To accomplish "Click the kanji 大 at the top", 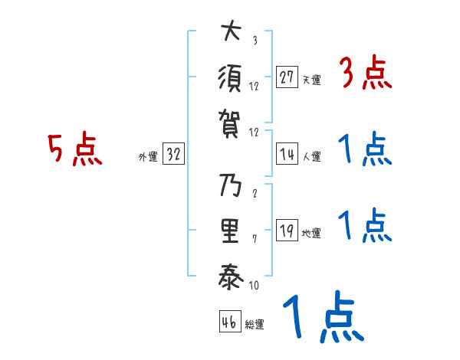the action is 231,34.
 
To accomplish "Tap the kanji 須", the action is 231,78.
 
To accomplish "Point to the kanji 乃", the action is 231,186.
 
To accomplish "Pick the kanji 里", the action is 231,231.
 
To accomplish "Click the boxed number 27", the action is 287,77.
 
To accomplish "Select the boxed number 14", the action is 287,154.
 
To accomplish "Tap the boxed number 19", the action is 287,231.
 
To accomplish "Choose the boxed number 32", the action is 173,155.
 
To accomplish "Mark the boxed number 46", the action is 228,322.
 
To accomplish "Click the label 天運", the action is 311,80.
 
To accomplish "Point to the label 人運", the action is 311,156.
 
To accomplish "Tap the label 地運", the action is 311,233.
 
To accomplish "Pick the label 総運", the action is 255,324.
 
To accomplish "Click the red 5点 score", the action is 75,150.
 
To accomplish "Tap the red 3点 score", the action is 365,75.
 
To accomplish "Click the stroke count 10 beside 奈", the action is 255,285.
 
